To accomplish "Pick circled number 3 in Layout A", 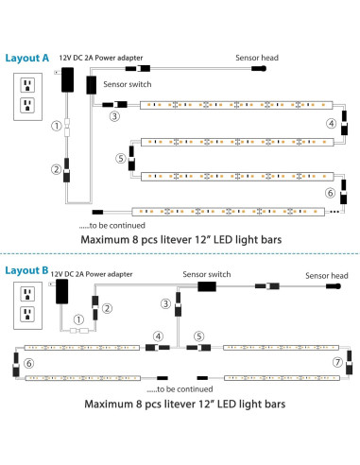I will [x=114, y=116].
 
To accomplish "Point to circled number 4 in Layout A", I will [x=331, y=123].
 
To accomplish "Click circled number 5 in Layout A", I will [x=120, y=159].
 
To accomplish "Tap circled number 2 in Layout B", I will [x=108, y=308].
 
